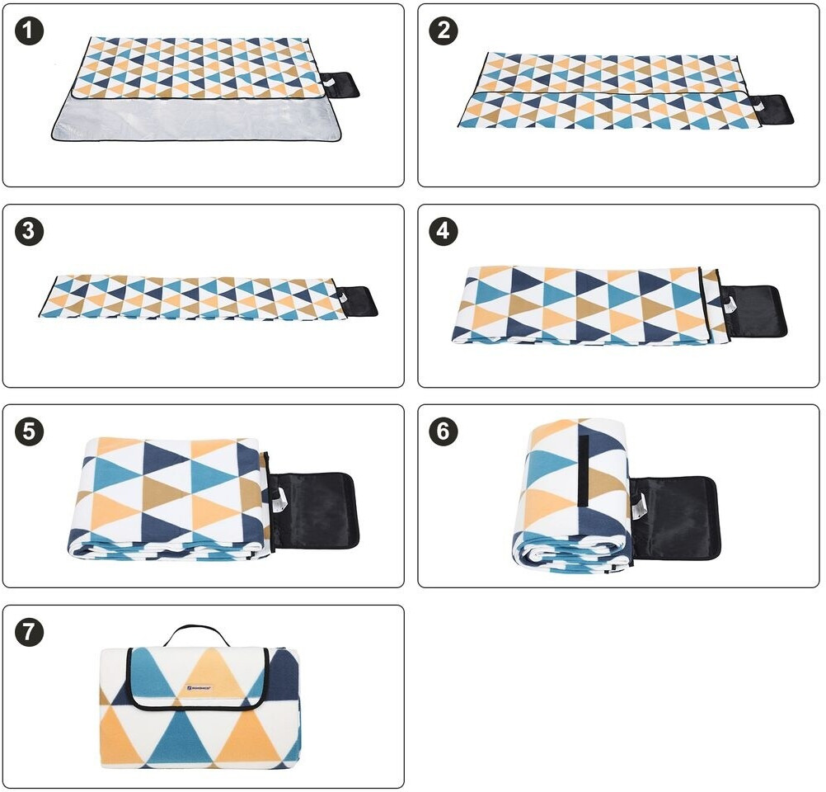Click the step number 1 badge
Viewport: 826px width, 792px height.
click(x=30, y=31)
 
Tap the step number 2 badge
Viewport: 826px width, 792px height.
click(x=444, y=31)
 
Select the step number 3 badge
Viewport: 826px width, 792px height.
click(x=30, y=232)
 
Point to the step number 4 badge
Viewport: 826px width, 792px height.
click(x=444, y=232)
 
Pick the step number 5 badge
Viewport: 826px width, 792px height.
click(x=30, y=432)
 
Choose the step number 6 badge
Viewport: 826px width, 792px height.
click(x=444, y=432)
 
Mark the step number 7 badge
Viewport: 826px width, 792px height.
click(x=30, y=633)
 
